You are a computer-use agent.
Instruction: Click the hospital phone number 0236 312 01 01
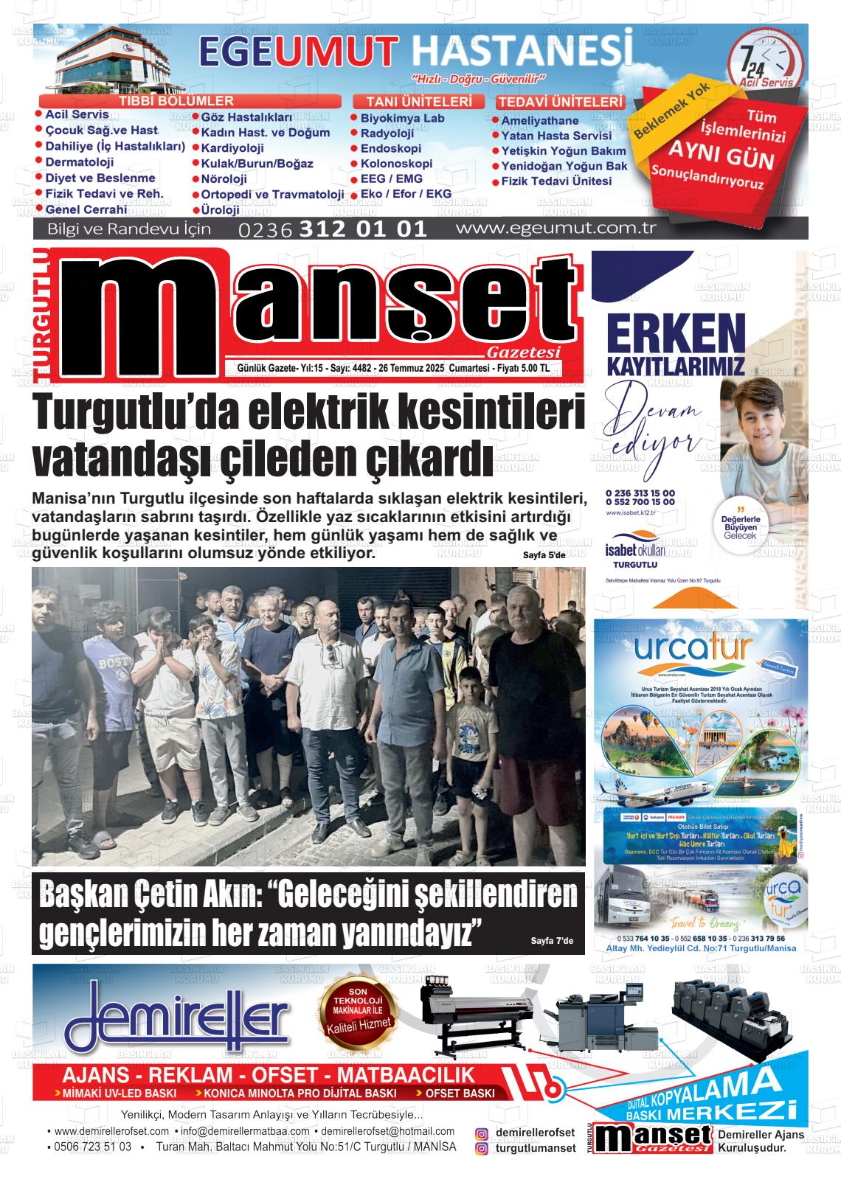tap(333, 229)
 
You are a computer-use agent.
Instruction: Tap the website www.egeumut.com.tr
tap(556, 228)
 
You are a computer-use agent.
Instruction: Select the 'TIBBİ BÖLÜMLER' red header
tap(176, 101)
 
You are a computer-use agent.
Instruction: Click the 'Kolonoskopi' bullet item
tap(396, 164)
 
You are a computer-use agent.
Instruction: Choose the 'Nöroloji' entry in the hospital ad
tap(224, 179)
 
